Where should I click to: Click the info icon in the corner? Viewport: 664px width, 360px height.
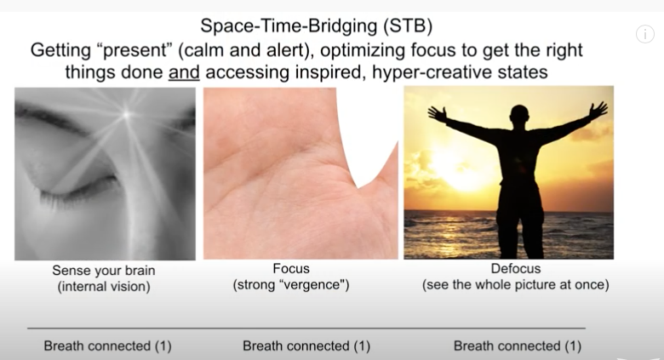coord(645,34)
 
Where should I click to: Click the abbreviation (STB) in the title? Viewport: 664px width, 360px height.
coord(408,26)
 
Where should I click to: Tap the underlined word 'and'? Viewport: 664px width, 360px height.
coord(184,72)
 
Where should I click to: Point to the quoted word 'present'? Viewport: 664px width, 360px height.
coord(135,50)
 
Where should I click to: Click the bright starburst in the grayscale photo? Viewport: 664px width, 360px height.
coord(127,113)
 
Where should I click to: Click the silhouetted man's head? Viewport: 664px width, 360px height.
coord(519,116)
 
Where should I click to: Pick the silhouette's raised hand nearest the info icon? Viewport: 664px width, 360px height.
coord(598,111)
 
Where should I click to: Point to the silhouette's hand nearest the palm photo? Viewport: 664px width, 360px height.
coord(438,114)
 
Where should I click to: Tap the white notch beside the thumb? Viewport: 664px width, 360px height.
coord(368,135)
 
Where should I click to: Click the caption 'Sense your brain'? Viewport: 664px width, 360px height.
coord(104,270)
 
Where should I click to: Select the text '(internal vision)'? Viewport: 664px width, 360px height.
coord(104,287)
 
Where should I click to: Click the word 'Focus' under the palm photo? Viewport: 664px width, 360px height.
coord(291,269)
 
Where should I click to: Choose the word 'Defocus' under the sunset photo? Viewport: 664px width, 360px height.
coord(516,269)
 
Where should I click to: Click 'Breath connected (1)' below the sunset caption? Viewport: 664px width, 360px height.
coord(518,346)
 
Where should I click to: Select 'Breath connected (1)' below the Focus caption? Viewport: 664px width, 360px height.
coord(306,346)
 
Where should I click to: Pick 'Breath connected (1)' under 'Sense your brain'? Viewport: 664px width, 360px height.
coord(107,346)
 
